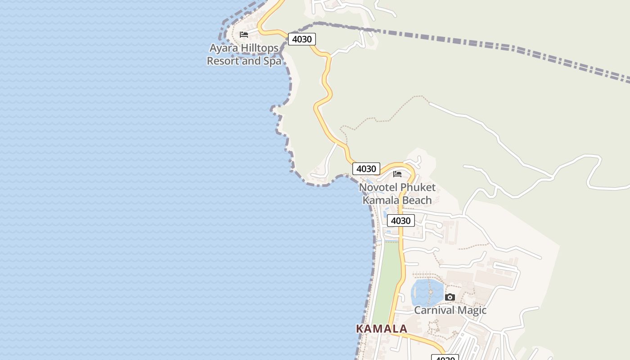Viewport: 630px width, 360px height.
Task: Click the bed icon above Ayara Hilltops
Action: [244, 35]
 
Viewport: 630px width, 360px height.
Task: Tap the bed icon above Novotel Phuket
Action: [397, 174]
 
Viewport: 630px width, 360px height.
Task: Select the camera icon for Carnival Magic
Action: [450, 297]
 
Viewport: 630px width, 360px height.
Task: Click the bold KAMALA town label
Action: [382, 329]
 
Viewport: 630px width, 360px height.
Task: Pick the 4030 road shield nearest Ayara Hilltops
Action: [301, 39]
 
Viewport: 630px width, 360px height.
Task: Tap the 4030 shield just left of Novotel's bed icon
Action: [366, 169]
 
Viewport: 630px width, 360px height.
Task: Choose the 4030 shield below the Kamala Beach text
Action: [400, 220]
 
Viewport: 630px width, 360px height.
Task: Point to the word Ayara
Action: [224, 48]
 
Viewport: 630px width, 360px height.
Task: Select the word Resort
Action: [223, 61]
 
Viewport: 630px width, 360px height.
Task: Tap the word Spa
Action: [272, 61]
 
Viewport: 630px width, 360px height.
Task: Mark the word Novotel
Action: [378, 187]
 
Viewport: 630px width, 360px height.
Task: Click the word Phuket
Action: [418, 187]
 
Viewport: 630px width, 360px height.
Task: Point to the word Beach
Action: [416, 200]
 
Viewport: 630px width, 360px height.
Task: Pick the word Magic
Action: [472, 310]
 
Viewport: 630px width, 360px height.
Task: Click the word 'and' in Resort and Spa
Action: [251, 61]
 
